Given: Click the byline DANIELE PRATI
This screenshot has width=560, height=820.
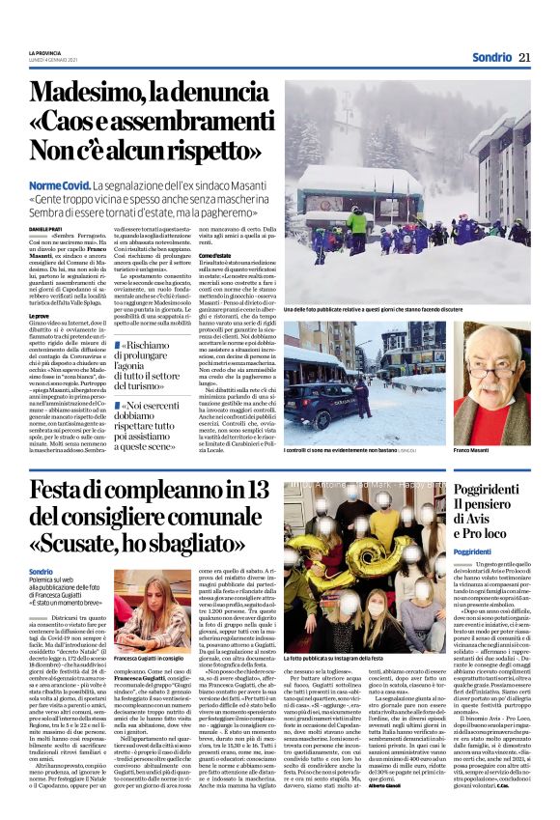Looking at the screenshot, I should [x=44, y=228].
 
